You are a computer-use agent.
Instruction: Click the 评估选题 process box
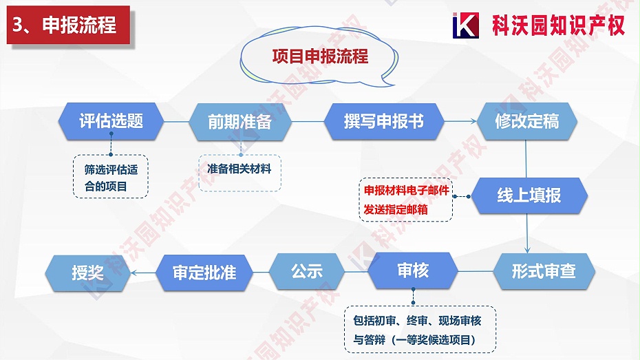(111, 121)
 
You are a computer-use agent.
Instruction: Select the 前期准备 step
(239, 122)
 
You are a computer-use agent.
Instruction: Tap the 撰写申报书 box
(383, 121)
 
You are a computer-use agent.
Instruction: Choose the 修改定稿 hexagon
(526, 121)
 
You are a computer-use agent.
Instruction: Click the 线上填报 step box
(529, 195)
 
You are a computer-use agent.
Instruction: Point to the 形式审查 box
(544, 271)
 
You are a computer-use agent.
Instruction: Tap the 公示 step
(306, 271)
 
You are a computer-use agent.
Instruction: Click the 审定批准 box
(204, 272)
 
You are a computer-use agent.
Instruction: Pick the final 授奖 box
(87, 272)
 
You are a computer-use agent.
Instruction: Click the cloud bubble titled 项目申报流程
(320, 57)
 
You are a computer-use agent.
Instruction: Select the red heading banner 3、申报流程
(66, 25)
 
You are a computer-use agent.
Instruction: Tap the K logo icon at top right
(466, 25)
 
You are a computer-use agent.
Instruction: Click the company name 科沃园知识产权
(558, 25)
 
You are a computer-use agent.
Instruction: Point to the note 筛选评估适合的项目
(110, 177)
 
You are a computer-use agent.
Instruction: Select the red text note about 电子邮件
(405, 200)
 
